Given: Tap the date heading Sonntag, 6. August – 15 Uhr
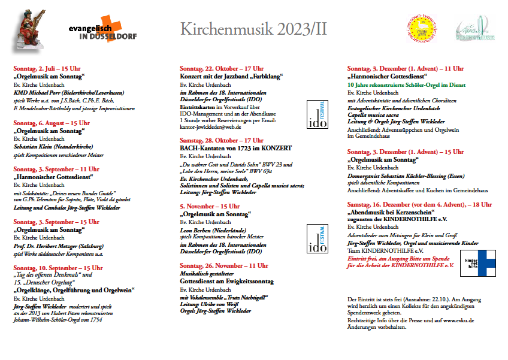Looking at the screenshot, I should (51, 122).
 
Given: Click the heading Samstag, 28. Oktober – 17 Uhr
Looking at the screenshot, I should (222, 140).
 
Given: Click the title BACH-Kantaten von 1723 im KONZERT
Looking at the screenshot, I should (235, 147).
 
